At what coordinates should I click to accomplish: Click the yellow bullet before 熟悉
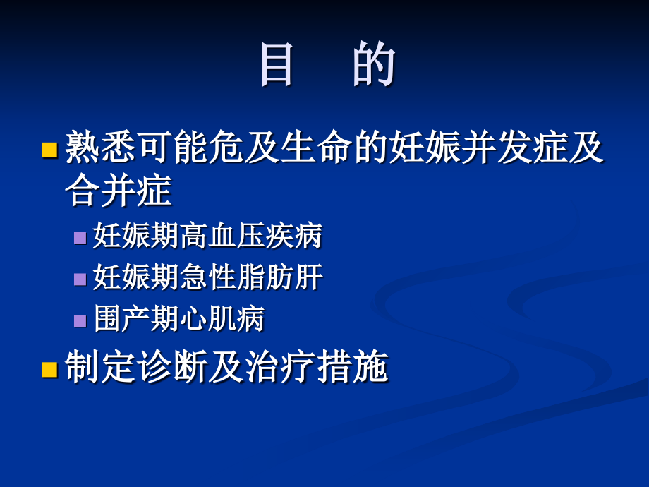click(x=49, y=149)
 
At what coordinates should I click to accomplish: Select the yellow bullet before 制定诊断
click(x=49, y=368)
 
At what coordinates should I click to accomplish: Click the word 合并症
click(x=119, y=190)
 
